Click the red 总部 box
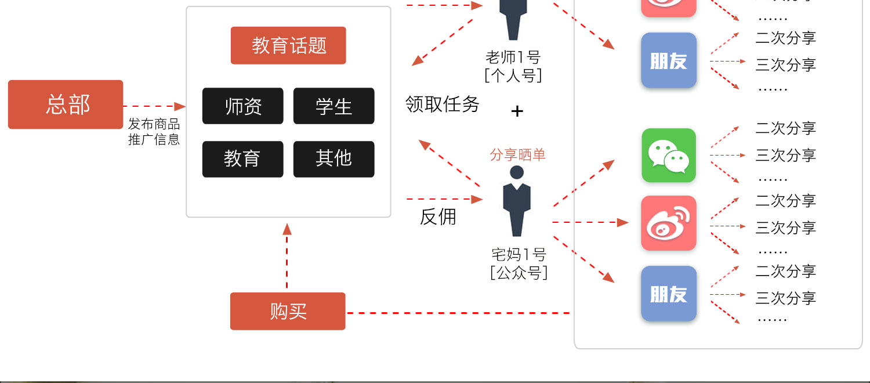tap(66, 104)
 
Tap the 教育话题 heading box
tap(288, 45)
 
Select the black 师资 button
tap(242, 106)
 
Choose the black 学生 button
tap(333, 106)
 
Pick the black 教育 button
tap(242, 159)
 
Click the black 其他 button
tap(333, 159)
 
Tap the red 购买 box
tap(288, 311)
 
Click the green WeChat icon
tap(669, 156)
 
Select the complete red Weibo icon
tap(669, 223)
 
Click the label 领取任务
tap(443, 104)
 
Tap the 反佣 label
tap(438, 216)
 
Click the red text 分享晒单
tap(517, 155)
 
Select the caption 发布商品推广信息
tap(154, 132)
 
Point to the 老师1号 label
tap(513, 57)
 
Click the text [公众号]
tap(519, 273)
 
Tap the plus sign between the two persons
tap(517, 111)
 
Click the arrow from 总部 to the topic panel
tap(154, 106)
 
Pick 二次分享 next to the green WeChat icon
tap(785, 128)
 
